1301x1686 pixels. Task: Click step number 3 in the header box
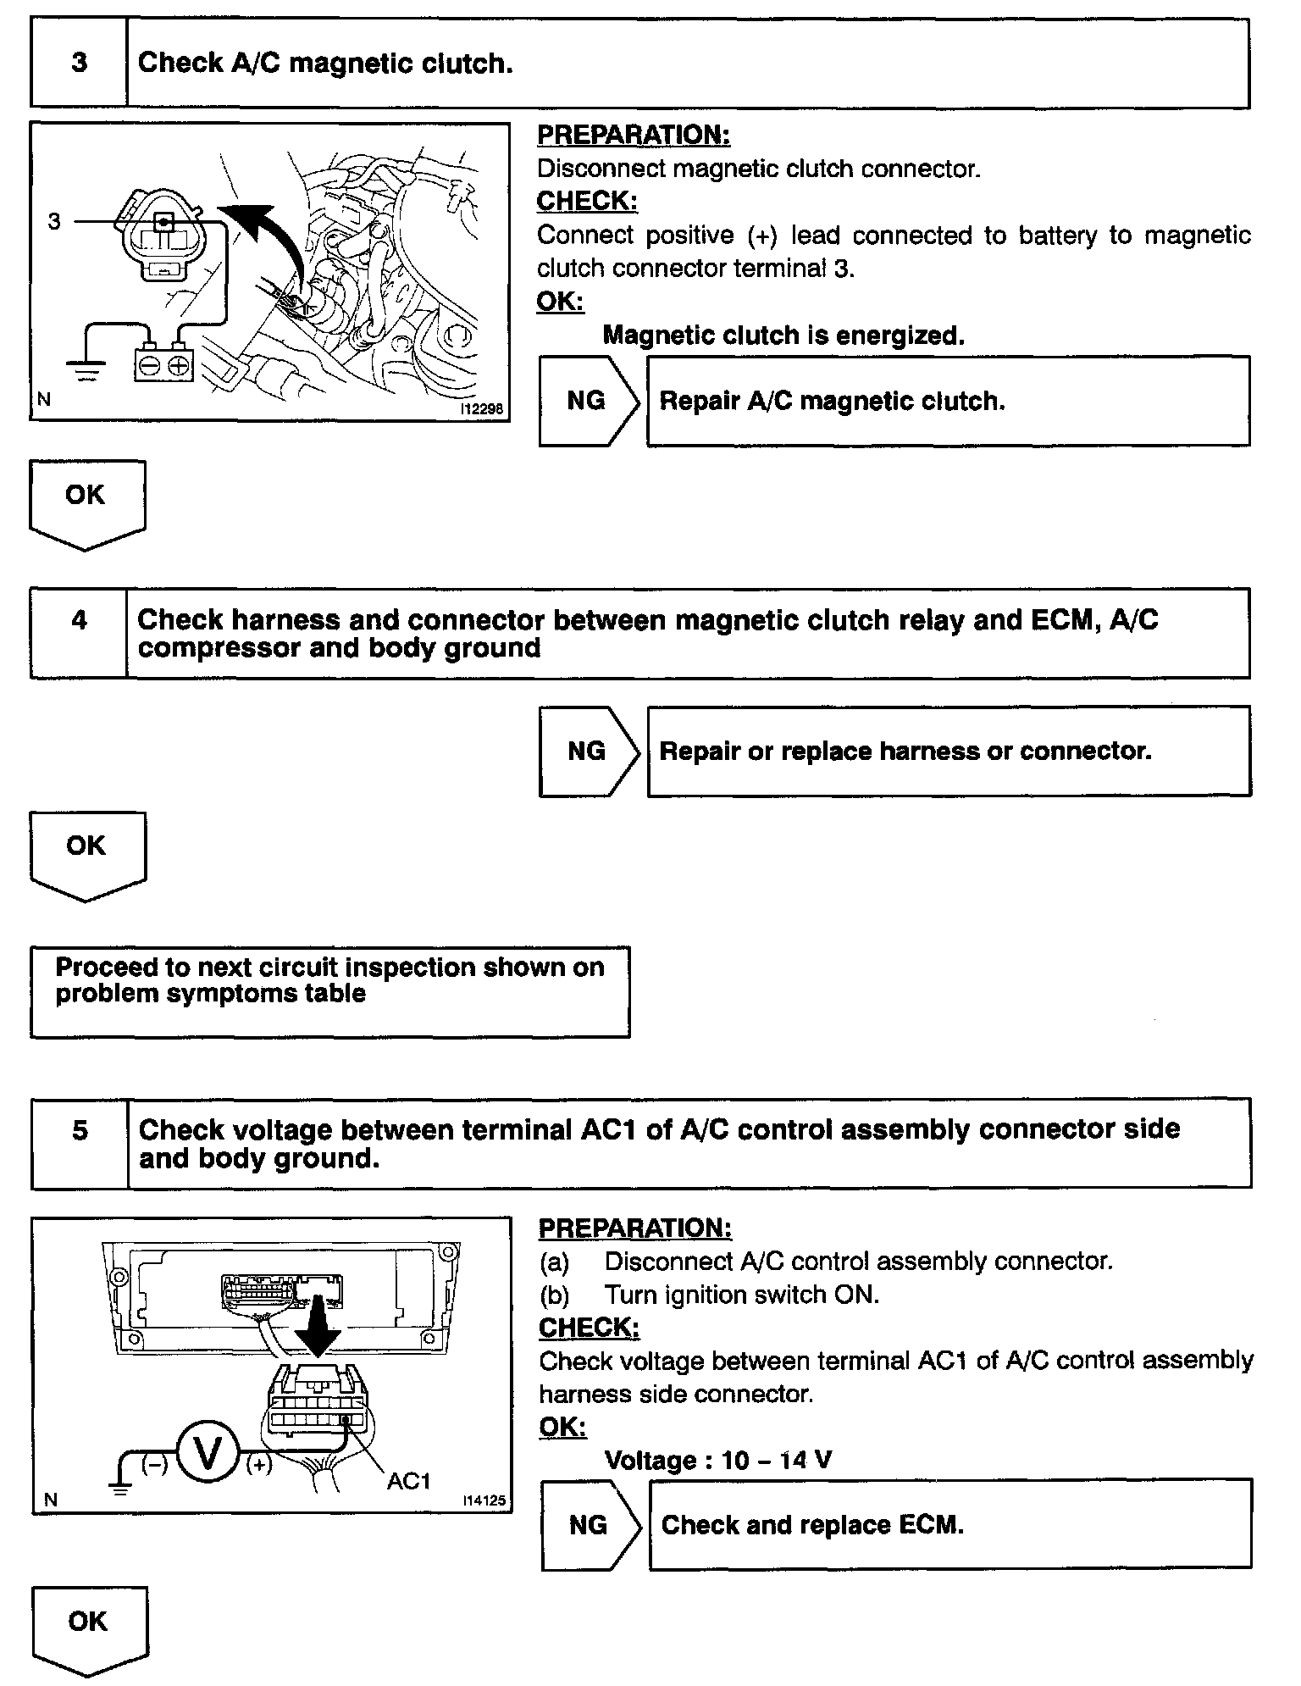click(79, 63)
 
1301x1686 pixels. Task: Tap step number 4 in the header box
click(79, 620)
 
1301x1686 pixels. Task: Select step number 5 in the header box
click(80, 1130)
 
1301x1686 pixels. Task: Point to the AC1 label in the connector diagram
click(409, 1481)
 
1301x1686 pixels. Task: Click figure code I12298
click(481, 409)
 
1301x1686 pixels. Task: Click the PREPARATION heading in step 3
click(634, 135)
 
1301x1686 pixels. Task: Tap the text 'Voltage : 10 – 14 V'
click(718, 1460)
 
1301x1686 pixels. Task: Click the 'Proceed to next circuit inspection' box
click(329, 990)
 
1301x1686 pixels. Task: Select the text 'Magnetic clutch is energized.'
click(783, 336)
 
